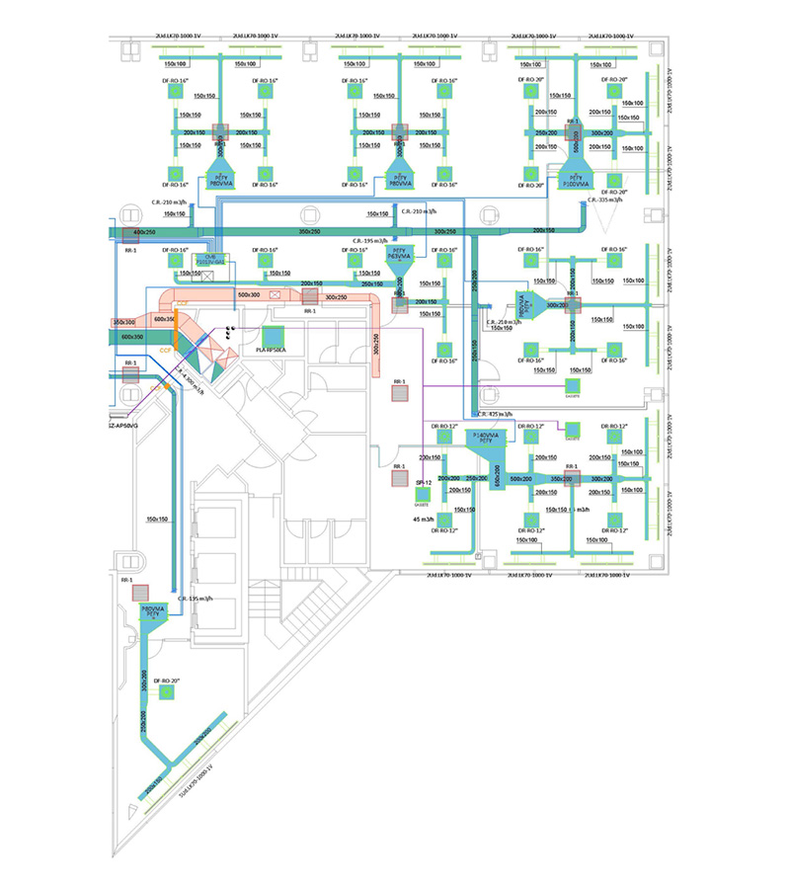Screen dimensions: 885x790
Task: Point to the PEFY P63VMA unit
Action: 399,255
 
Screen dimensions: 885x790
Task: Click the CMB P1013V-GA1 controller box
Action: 209,259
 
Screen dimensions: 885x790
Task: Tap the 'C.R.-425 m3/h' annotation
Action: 496,415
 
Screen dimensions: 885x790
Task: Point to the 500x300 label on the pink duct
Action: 249,293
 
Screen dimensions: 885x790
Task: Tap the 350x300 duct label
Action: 123,322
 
